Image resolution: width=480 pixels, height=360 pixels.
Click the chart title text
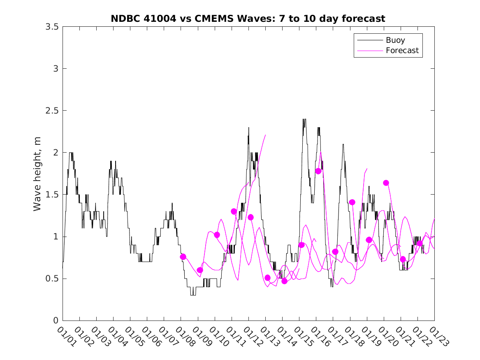(248, 19)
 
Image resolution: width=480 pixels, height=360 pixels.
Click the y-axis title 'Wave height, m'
(37, 174)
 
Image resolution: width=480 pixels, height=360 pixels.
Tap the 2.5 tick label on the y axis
(51, 111)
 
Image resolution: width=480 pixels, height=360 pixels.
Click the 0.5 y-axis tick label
(51, 279)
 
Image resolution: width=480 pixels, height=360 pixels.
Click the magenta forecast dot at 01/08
(183, 257)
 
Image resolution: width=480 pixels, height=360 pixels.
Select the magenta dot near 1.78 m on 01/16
(318, 171)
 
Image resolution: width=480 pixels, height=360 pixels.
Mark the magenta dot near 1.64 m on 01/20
(386, 183)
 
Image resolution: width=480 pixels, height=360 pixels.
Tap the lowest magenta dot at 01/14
(284, 281)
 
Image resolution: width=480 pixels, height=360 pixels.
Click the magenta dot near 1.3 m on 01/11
(234, 211)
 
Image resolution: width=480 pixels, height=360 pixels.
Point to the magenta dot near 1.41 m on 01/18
(352, 202)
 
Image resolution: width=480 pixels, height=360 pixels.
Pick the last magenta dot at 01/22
(420, 243)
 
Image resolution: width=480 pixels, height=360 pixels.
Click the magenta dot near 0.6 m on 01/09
(200, 270)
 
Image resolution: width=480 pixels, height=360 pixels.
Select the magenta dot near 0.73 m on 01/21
(403, 259)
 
